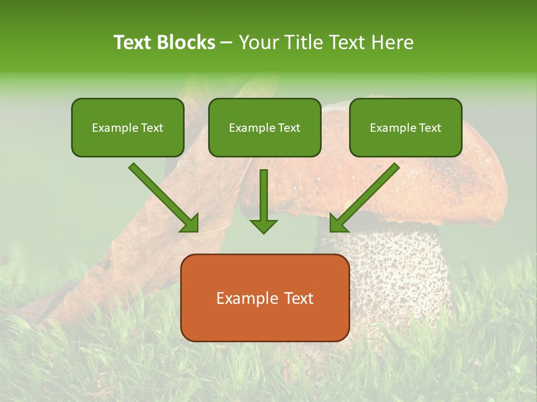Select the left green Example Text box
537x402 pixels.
(128, 127)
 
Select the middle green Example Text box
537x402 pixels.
(265, 127)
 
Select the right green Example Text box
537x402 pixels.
(406, 127)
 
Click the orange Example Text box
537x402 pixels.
(265, 298)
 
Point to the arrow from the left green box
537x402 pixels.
(162, 197)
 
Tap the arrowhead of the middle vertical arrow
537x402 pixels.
(263, 226)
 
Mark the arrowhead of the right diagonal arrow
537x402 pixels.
(339, 223)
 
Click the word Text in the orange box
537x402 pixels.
(296, 298)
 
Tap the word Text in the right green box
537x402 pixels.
(430, 128)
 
